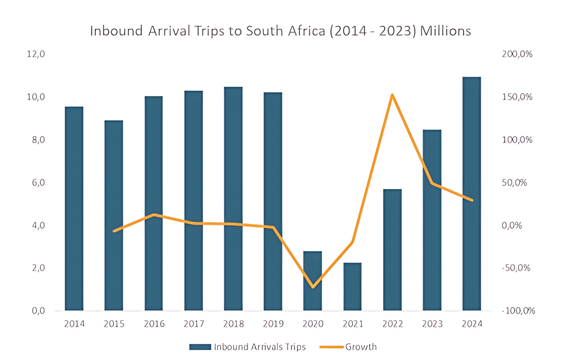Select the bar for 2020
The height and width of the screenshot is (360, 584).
[x=313, y=281]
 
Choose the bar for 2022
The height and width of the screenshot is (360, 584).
[x=392, y=250]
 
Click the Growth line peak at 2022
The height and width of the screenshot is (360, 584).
[x=392, y=95]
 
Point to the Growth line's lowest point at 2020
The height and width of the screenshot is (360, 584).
[x=313, y=287]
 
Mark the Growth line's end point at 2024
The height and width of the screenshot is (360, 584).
[x=472, y=200]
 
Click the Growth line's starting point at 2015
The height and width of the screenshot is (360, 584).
[x=114, y=231]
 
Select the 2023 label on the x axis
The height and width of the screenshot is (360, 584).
[x=432, y=324]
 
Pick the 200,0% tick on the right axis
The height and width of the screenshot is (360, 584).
[x=517, y=55]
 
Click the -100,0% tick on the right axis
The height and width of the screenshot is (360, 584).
[x=518, y=311]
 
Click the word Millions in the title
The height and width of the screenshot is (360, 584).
[x=445, y=31]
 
